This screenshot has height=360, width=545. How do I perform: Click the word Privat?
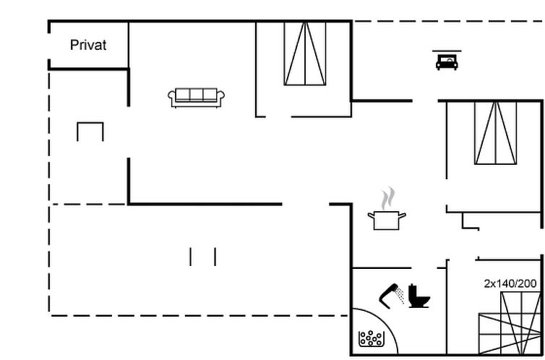88,45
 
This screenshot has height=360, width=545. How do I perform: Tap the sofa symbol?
196,98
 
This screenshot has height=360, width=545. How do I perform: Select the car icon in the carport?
447,62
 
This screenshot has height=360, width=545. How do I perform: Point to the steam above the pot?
388,198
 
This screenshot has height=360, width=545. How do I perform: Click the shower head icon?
391,295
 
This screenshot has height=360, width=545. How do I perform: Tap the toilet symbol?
419,296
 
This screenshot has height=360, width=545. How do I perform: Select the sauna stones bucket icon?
372,338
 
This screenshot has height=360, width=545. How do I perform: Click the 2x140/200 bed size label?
510,284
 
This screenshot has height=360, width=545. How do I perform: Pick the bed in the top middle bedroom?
305,53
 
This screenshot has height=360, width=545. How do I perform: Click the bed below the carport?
495,133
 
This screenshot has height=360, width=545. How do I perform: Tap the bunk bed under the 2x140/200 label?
510,323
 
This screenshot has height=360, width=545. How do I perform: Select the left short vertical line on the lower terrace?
191,257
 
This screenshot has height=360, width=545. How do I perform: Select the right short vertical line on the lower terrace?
215,257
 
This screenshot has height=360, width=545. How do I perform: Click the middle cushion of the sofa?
196,95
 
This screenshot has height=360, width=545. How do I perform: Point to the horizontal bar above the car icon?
447,51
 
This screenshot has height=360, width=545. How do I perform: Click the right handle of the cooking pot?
402,216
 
